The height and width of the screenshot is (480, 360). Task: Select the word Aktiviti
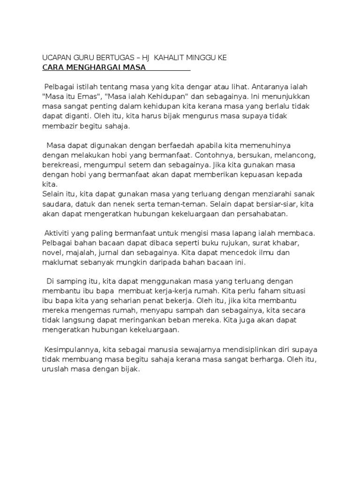click(x=59, y=233)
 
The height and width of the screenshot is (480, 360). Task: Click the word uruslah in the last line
click(x=55, y=369)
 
